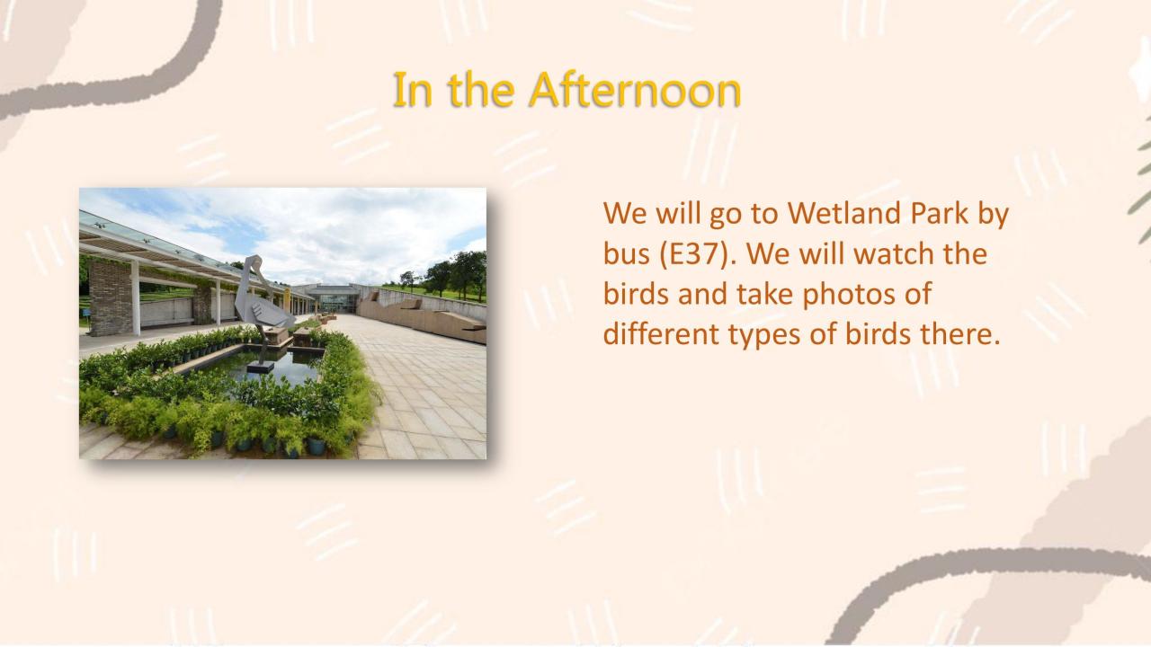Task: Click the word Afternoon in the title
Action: point(635,90)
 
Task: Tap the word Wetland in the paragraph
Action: point(843,213)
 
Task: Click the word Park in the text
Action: point(939,213)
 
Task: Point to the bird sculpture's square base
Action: point(261,367)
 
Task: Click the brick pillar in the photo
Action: point(111,298)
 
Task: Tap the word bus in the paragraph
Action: point(627,253)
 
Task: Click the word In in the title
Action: point(412,90)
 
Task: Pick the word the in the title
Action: point(481,90)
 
